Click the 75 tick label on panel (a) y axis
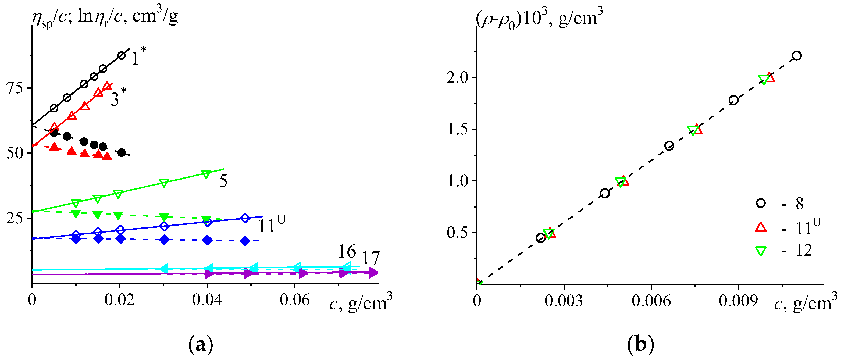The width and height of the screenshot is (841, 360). (15, 88)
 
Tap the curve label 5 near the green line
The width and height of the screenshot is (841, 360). (223, 181)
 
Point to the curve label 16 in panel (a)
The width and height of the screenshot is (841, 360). (347, 252)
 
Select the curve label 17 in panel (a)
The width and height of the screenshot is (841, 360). (371, 258)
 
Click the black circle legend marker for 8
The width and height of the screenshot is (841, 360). (761, 203)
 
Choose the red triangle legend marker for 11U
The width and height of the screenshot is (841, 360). (761, 227)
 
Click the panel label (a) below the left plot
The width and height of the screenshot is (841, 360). (201, 345)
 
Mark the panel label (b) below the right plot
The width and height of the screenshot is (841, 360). (640, 345)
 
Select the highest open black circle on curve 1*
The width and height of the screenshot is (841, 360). (122, 55)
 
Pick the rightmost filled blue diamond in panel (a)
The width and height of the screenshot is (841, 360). (245, 241)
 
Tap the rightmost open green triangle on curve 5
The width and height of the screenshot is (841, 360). (206, 174)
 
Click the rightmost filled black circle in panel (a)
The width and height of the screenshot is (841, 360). (122, 152)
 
